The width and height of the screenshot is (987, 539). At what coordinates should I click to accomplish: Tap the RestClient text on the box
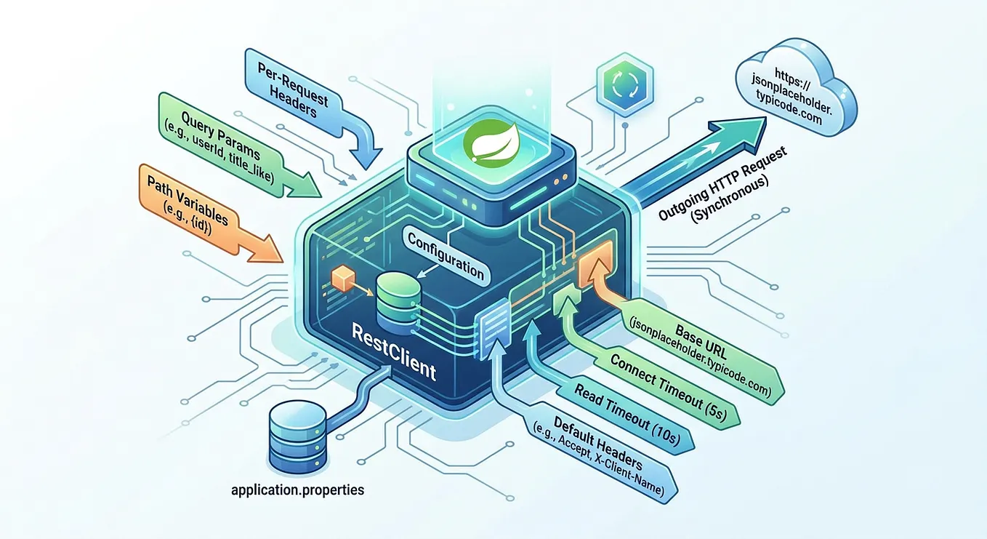click(x=394, y=351)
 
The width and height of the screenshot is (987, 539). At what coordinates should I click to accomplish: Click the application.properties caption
click(x=297, y=490)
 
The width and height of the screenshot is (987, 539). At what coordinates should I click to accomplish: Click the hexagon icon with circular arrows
click(x=625, y=84)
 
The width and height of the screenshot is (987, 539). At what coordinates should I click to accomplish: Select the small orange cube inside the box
click(x=343, y=278)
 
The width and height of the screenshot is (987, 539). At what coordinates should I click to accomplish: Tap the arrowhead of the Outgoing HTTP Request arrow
click(x=740, y=132)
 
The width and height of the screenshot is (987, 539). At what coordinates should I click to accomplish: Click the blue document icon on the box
click(x=492, y=327)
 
